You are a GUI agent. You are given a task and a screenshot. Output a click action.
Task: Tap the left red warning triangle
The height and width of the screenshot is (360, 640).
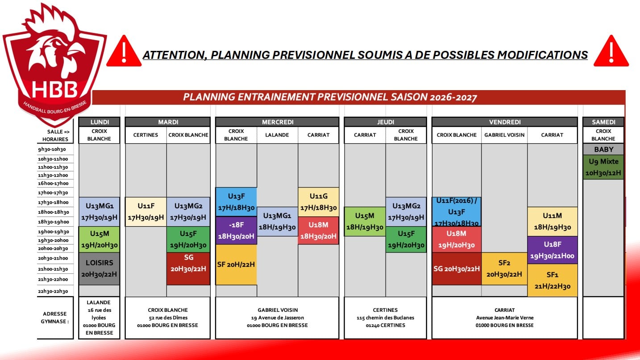(124, 51)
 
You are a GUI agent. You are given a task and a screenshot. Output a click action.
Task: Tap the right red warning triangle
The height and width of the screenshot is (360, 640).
(611, 51)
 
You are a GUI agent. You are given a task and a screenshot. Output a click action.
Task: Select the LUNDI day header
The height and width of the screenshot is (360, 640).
(100, 122)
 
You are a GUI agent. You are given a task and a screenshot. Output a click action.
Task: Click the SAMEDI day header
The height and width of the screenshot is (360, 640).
(603, 122)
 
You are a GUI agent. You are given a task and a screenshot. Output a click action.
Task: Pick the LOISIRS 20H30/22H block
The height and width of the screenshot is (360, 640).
(99, 269)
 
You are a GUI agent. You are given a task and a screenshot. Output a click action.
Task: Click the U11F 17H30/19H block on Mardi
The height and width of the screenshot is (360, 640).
(145, 211)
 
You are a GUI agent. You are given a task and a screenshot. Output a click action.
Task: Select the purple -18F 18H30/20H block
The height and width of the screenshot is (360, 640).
(236, 230)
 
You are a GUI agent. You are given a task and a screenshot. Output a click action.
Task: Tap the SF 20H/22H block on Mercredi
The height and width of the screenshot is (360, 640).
(236, 265)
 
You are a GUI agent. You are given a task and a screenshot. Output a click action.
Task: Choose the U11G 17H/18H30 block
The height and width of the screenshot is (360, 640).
(318, 202)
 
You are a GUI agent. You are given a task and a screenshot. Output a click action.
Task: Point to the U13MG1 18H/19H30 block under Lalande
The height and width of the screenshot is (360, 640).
(277, 221)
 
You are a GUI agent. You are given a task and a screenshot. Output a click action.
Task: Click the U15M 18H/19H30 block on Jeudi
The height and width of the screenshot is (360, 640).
(365, 221)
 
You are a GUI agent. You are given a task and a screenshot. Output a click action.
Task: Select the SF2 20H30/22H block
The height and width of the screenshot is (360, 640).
(504, 269)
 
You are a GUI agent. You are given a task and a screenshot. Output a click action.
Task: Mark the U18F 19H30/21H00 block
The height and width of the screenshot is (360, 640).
(552, 250)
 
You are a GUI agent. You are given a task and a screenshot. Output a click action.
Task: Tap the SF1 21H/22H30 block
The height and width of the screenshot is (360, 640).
(552, 280)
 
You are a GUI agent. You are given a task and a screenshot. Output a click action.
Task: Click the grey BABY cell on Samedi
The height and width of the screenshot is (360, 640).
(603, 149)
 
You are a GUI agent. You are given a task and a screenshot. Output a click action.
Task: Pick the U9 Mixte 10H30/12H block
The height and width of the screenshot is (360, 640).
(603, 167)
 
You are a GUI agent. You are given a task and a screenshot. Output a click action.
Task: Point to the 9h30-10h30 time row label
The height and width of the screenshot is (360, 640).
(52, 149)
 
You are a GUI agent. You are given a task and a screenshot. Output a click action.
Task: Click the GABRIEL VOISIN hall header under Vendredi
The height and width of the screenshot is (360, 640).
(504, 135)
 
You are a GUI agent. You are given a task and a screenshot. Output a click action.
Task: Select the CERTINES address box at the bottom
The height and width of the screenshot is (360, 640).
(385, 318)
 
